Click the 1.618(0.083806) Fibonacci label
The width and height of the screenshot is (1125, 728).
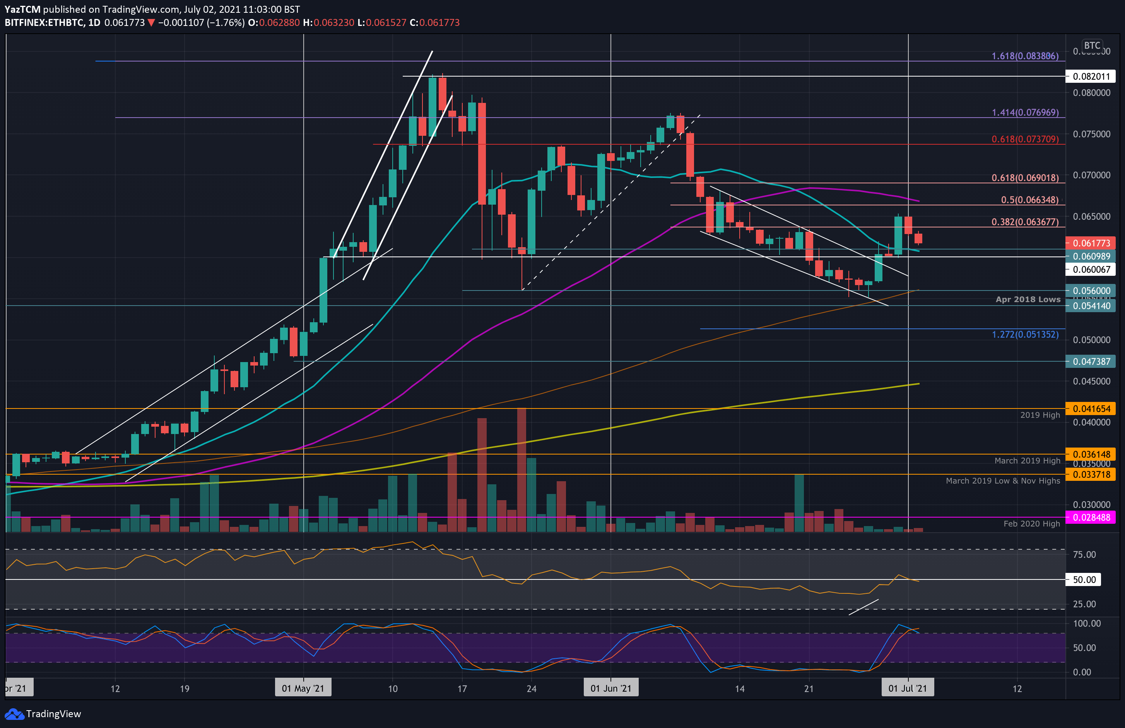click(x=1025, y=56)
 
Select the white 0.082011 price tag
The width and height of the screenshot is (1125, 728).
click(x=1091, y=76)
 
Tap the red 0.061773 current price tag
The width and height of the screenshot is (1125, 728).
click(x=1091, y=243)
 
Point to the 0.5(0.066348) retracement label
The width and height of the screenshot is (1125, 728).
click(x=1029, y=200)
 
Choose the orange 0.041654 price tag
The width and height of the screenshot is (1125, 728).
click(x=1091, y=408)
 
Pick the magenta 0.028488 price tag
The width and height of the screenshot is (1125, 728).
click(x=1091, y=517)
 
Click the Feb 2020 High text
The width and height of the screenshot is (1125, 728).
click(x=1031, y=523)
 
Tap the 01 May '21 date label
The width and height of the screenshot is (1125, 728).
click(x=303, y=688)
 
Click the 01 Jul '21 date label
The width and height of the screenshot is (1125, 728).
click(x=907, y=688)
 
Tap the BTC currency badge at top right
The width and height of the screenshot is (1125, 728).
click(x=1091, y=45)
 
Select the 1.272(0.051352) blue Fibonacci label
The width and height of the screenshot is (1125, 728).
click(x=1025, y=334)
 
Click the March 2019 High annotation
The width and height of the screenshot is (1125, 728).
click(x=1027, y=460)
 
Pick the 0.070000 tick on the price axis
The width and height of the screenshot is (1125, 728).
click(x=1091, y=175)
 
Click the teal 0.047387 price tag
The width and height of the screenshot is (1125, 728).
click(x=1091, y=361)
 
